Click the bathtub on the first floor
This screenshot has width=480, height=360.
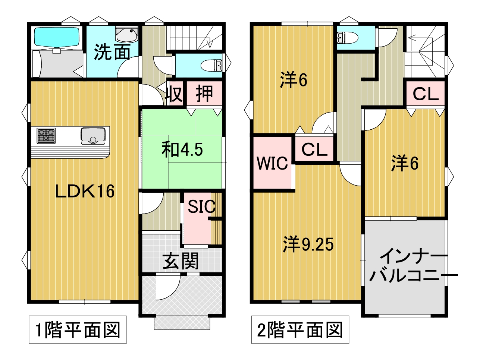click(57, 37)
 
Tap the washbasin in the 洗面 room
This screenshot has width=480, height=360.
click(126, 35)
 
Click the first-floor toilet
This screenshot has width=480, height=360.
click(211, 65)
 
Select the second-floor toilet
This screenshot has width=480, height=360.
click(347, 38)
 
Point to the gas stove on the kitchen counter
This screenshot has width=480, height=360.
click(46, 135)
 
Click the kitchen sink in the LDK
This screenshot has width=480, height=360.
click(93, 136)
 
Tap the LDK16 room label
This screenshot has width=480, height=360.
click(85, 191)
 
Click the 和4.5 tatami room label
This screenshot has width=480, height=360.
click(182, 149)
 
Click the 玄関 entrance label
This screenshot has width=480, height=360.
click(181, 261)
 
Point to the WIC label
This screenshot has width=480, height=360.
click(272, 163)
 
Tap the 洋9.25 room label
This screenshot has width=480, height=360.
click(308, 244)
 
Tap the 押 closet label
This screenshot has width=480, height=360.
click(204, 94)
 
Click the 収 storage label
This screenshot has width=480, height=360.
click(174, 94)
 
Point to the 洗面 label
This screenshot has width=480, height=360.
click(112, 52)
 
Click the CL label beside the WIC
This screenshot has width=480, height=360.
click(314, 149)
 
